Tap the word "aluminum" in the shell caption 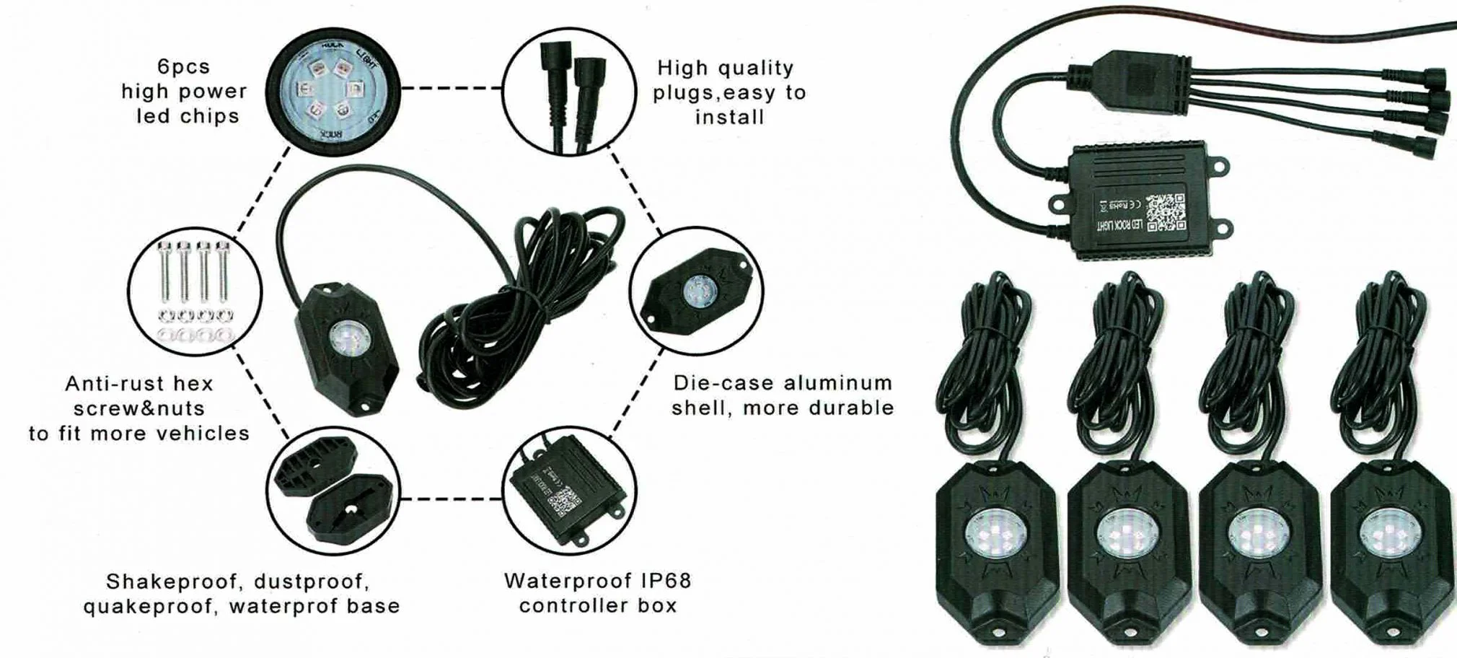(x=838, y=383)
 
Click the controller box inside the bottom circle (x=565, y=492)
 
